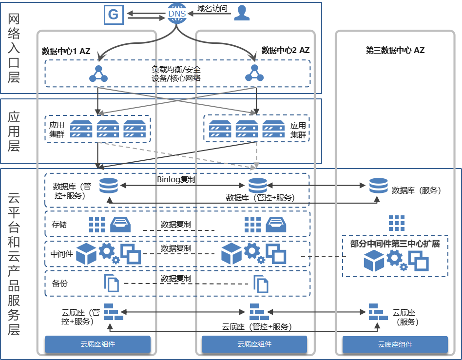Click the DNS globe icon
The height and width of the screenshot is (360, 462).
coord(177,13)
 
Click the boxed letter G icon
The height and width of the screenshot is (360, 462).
coord(114,15)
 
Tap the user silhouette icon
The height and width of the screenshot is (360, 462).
coord(242,13)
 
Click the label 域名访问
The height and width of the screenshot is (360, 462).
coord(212,9)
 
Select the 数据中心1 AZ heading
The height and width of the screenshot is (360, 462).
coord(66,51)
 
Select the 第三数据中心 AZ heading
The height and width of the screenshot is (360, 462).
coord(395,50)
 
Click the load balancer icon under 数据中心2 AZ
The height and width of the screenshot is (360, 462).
coord(254,74)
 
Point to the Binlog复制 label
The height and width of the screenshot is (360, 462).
coord(176,179)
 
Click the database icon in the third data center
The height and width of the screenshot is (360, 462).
coord(378,186)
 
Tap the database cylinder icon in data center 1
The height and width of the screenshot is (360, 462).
coord(109,186)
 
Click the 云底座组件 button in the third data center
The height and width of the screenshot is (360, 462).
coord(395,344)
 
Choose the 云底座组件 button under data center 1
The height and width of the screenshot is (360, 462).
coord(97,344)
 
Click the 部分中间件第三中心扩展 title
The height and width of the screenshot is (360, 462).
coord(395,244)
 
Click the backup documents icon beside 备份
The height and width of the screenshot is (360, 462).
coord(112,283)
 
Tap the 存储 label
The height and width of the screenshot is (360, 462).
coord(59,225)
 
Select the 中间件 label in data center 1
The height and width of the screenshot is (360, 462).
coord(61,254)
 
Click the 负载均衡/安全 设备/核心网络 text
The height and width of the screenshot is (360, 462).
coord(176,74)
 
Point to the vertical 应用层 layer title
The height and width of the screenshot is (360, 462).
coord(14,132)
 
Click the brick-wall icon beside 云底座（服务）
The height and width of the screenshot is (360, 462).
coord(378,312)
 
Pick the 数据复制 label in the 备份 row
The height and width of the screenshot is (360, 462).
coord(176,278)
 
